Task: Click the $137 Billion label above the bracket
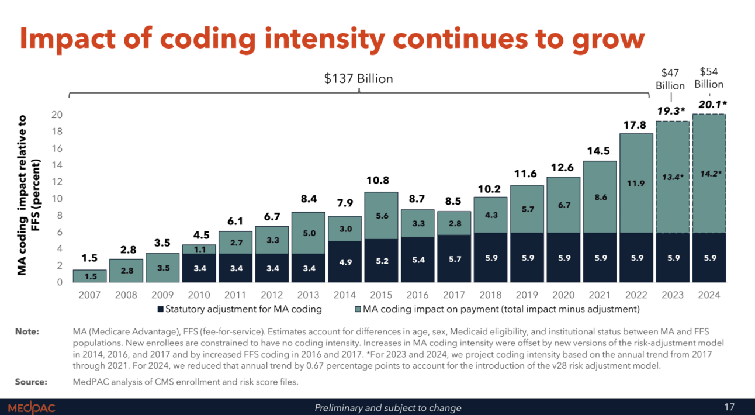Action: coord(359,78)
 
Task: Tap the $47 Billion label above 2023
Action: coord(670,78)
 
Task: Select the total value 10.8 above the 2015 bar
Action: coord(377,181)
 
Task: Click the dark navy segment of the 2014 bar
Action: coord(345,261)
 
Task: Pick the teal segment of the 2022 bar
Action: coord(636,183)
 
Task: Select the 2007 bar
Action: coord(89,276)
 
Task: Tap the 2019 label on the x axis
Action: coord(527,295)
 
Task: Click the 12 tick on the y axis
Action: coord(58,182)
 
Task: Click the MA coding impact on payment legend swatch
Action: coord(358,309)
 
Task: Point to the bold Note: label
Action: coord(27,332)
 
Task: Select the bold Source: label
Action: coord(30,382)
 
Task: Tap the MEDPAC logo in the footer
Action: coord(32,407)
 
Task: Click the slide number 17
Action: coord(729,407)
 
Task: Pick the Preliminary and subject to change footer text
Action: coord(388,408)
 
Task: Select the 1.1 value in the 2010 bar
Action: coord(200,249)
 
